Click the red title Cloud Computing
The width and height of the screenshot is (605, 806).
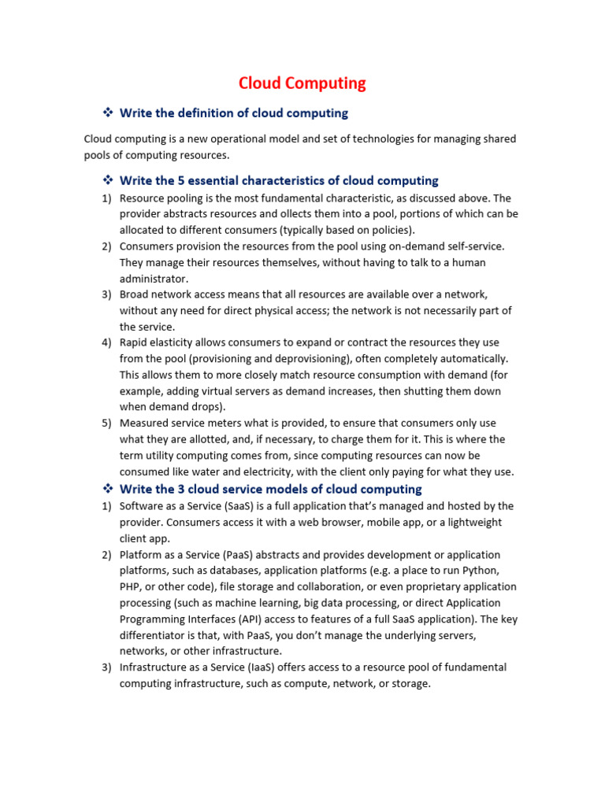coord(302,83)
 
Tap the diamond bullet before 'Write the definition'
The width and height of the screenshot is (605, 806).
coord(109,113)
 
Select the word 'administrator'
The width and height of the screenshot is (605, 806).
coord(154,279)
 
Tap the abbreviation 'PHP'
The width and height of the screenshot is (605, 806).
coord(130,586)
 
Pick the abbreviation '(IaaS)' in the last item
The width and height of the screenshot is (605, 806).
coord(268,667)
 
